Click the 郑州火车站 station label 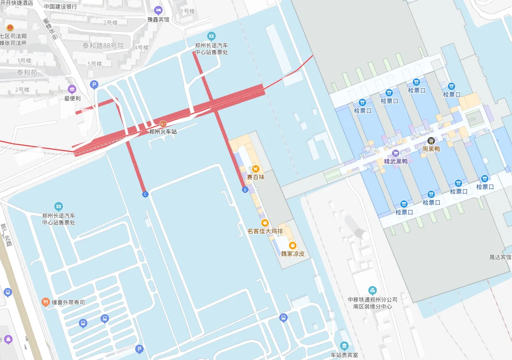[163, 132]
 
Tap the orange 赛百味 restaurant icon [255, 169]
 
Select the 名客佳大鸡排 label [265, 231]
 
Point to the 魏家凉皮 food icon [292, 246]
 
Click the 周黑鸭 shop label [431, 149]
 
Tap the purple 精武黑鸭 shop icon [395, 153]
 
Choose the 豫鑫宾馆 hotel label [158, 19]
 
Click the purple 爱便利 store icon [72, 89]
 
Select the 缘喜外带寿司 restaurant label [68, 302]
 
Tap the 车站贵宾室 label [344, 355]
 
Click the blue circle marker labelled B [245, 190]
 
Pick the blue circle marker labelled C [145, 194]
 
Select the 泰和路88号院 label [103, 46]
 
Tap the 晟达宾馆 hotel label [500, 257]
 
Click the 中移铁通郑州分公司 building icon [373, 290]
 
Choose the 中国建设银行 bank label [60, 6]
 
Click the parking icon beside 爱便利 [94, 84]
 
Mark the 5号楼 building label [95, 64]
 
